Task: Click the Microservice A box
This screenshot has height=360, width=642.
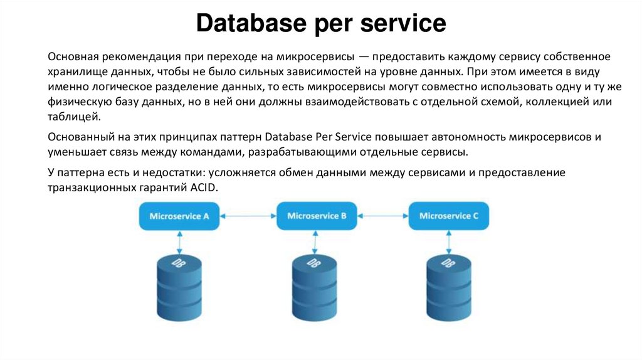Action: (x=179, y=216)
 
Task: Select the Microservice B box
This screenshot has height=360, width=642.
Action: (x=317, y=216)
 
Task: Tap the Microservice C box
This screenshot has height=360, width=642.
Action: (x=449, y=216)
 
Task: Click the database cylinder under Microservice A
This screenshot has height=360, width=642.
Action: (x=179, y=288)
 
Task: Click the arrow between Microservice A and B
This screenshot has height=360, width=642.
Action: (x=248, y=216)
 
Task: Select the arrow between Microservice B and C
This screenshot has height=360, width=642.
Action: (x=383, y=216)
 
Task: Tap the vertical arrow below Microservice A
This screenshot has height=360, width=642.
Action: (x=180, y=240)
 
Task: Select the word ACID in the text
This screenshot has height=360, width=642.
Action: (x=203, y=187)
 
